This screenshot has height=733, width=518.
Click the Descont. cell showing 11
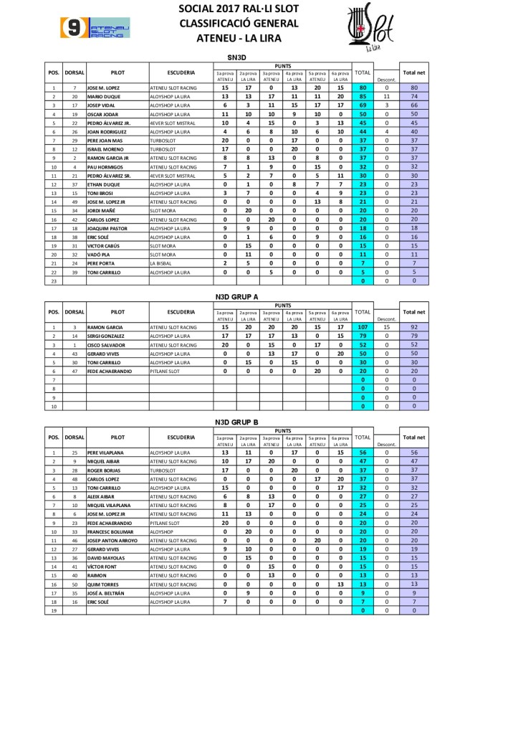point(386,95)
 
